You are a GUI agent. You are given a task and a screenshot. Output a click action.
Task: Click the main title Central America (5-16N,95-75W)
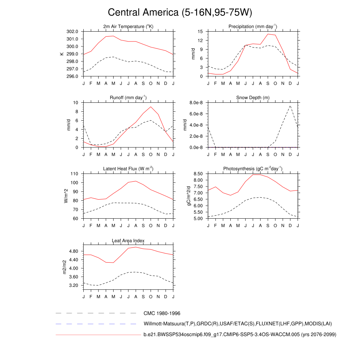click(180, 13)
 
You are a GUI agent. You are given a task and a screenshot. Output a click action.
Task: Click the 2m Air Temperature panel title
click(128, 27)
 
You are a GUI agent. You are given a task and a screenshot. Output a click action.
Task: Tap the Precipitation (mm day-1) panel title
click(252, 27)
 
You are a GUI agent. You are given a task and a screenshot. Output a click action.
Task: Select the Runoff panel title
click(128, 98)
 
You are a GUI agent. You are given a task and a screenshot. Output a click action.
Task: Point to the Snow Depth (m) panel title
click(253, 98)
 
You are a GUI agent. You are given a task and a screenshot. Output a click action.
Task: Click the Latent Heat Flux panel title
click(128, 169)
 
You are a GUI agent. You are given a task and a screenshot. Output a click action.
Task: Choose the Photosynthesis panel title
click(253, 169)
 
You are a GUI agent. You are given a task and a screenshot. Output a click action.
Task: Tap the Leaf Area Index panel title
click(128, 241)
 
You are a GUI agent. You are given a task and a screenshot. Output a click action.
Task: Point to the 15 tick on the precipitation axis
click(200, 32)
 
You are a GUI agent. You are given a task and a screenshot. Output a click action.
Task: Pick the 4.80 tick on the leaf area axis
click(73, 251)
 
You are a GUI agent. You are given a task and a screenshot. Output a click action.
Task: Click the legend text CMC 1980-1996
click(162, 313)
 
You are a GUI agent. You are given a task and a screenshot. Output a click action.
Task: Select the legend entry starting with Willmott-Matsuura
click(238, 324)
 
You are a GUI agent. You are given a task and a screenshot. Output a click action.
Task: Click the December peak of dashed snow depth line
click(290, 105)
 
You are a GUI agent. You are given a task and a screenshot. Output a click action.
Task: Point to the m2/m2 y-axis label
click(65, 267)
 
